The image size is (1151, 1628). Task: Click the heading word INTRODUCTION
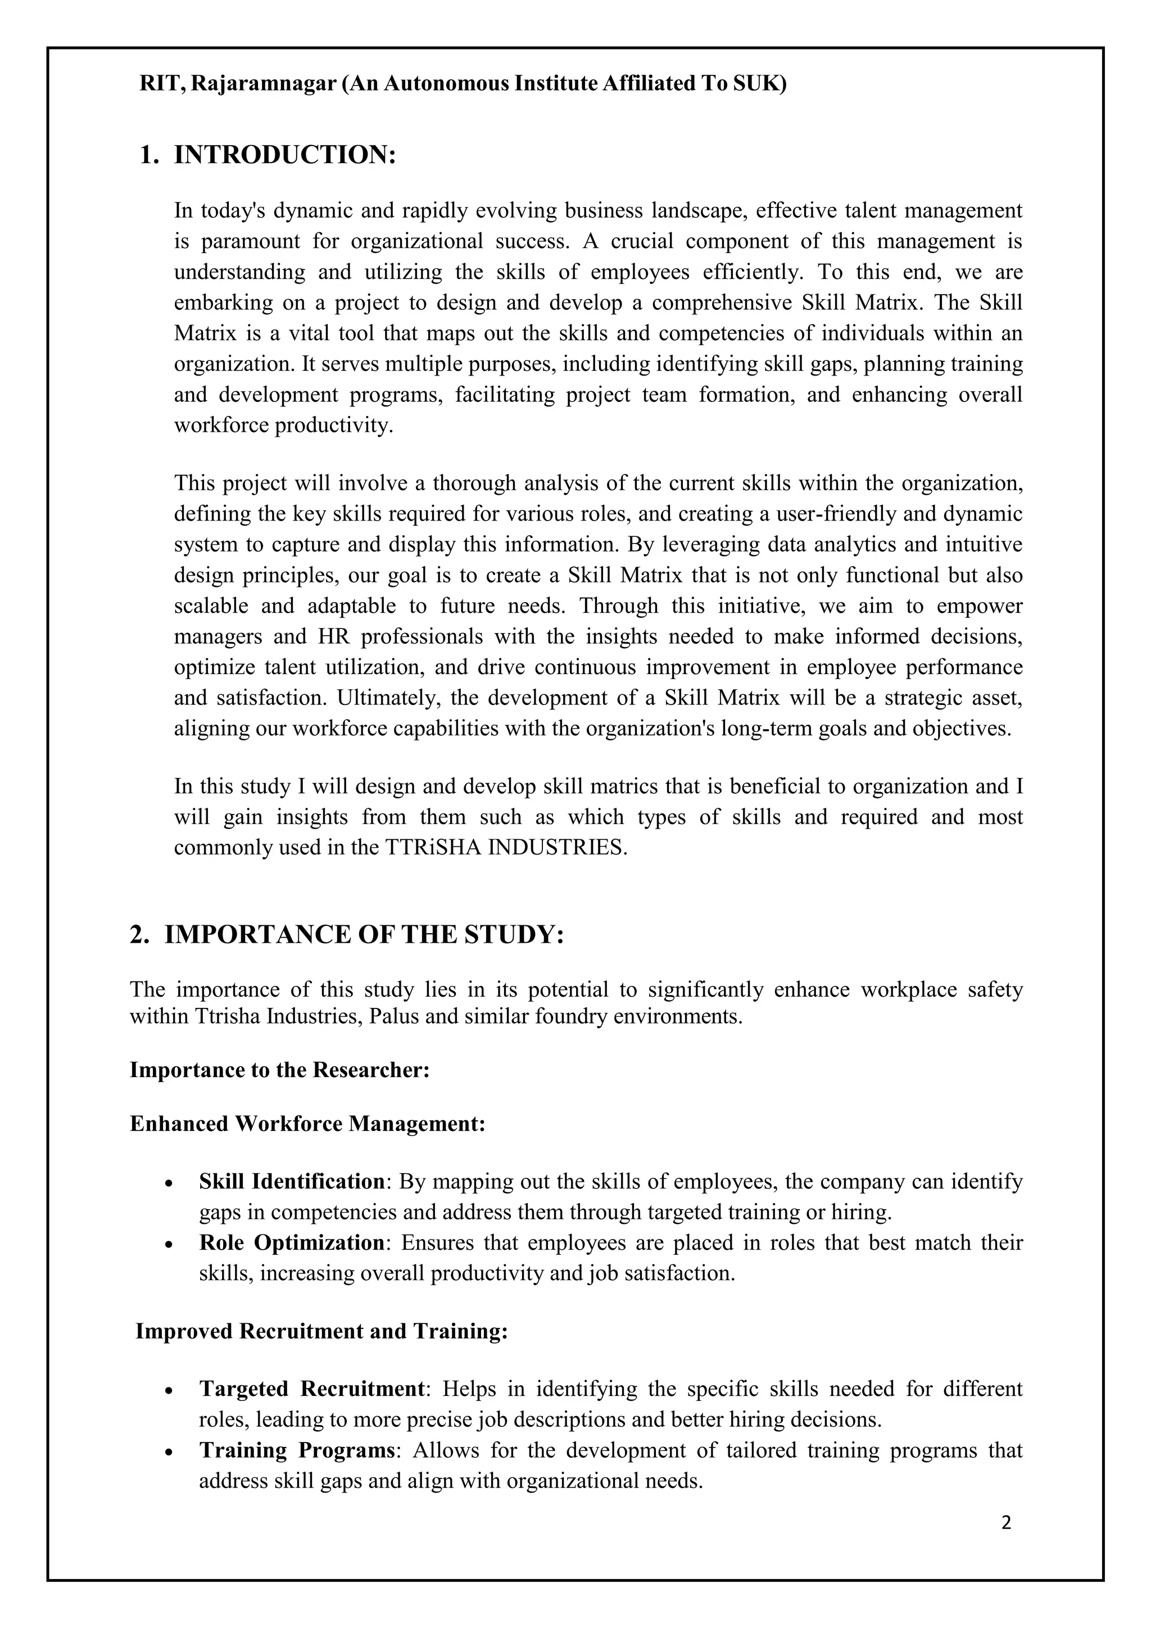pos(284,155)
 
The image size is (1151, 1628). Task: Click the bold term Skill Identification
pos(291,1181)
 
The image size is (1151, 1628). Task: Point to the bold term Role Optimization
pos(291,1242)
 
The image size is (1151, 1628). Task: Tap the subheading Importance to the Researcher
pos(280,1069)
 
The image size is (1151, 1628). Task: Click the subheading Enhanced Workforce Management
pos(307,1124)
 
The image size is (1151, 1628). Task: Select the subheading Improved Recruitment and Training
pos(322,1331)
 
